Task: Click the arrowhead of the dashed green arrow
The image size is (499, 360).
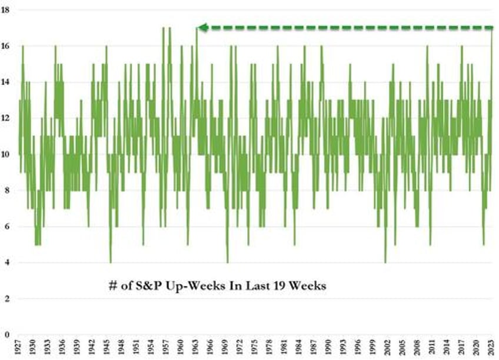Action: [202, 27]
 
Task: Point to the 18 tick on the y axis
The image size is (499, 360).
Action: [8, 10]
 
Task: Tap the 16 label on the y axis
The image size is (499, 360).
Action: [8, 46]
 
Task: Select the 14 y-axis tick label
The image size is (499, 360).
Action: [8, 82]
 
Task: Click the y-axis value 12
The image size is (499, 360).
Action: [8, 118]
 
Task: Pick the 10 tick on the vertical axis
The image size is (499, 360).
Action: [8, 155]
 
